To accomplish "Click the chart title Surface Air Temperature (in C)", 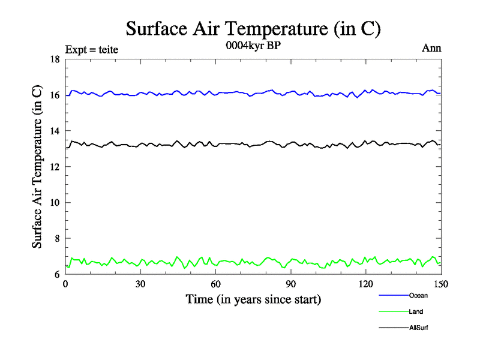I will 253,28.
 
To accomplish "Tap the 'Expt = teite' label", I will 91,49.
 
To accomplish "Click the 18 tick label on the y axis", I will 54,59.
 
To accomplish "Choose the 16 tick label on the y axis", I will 54,95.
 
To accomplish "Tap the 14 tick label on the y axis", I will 54,131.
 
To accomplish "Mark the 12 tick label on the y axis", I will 54,167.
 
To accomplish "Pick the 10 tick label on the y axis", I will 54,203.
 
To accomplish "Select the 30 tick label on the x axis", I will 140,284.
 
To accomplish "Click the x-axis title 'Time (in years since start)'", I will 253,298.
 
